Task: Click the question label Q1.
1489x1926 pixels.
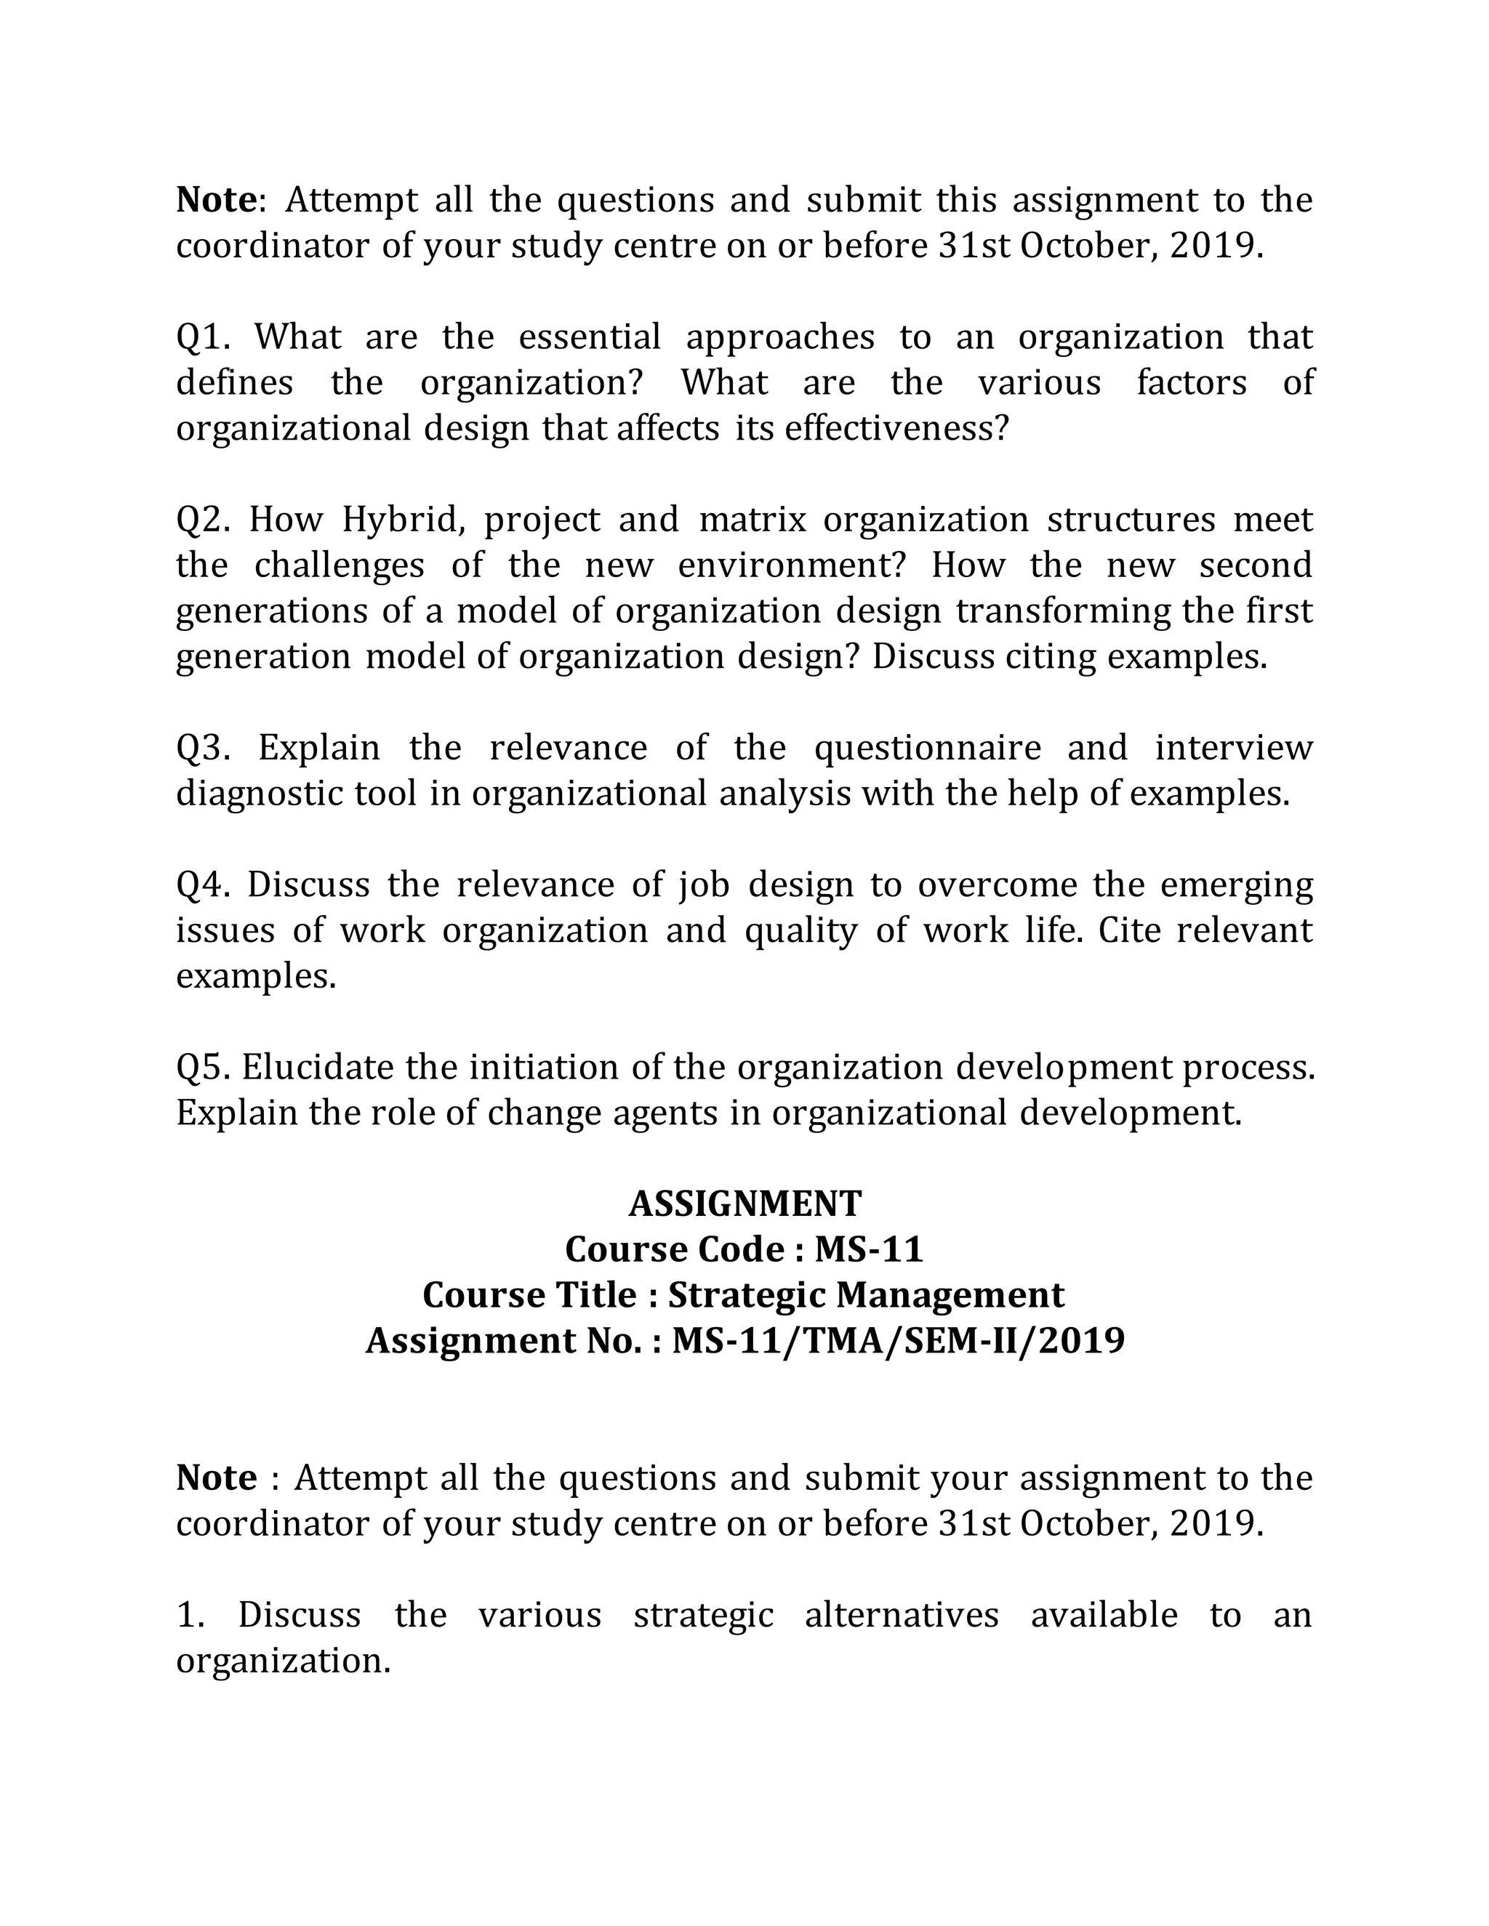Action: coord(202,338)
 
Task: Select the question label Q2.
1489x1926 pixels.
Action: coord(203,520)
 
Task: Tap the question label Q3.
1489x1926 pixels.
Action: coord(203,749)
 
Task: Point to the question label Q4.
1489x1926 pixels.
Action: coord(202,885)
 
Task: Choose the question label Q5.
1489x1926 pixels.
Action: coord(203,1068)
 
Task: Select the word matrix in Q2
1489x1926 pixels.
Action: coord(752,520)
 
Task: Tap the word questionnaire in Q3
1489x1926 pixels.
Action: coord(927,749)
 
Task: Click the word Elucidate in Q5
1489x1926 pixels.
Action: coord(318,1068)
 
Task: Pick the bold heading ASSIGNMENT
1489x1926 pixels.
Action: coord(744,1204)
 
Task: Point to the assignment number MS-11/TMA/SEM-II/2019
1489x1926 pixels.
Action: coord(898,1342)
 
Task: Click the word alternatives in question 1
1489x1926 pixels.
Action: coord(902,1616)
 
